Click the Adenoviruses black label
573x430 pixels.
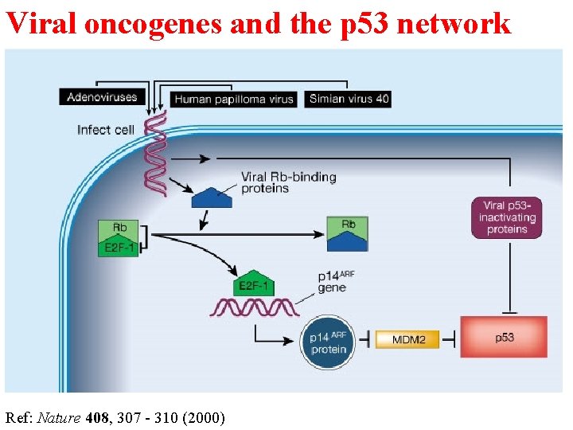(102, 97)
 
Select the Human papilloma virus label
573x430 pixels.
(234, 100)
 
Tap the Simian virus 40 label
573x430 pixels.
(349, 99)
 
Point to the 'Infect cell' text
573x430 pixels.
(105, 129)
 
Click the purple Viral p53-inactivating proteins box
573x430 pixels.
(506, 217)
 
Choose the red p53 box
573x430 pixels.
(505, 338)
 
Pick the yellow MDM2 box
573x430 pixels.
(409, 340)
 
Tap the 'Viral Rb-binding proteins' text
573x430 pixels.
(287, 182)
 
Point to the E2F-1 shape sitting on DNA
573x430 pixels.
(256, 285)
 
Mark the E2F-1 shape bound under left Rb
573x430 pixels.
(119, 248)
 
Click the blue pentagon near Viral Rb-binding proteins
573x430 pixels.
(212, 197)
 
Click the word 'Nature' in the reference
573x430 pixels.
(60, 416)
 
